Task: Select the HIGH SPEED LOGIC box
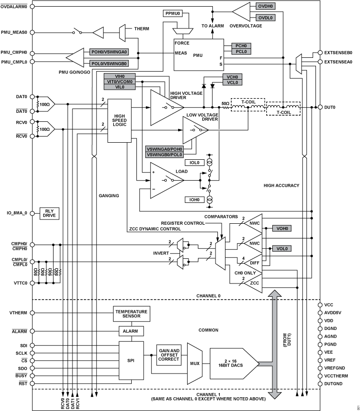[119, 120]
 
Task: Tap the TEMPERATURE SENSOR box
[131, 314]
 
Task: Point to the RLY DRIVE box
[49, 213]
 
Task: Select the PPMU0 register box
[173, 13]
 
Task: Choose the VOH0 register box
[282, 228]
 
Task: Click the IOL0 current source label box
[194, 162]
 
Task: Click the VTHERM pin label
[18, 313]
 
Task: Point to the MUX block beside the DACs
[195, 364]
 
